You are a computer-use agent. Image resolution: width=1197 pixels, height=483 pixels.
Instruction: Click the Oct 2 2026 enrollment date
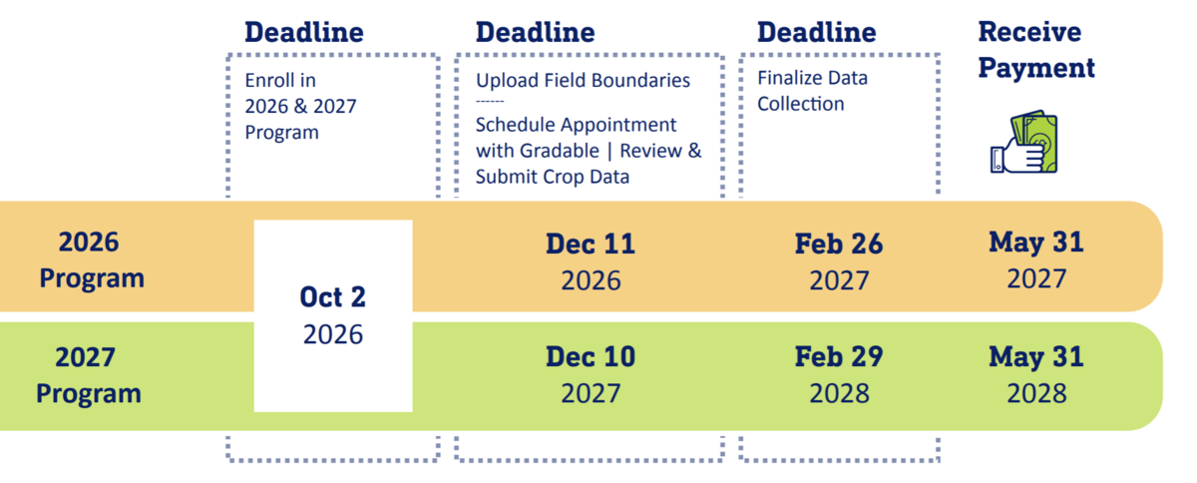333,315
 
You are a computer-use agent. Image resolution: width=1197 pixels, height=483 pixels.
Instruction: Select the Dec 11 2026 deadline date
591,262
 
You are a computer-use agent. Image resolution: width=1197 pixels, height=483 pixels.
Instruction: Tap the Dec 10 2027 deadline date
591,375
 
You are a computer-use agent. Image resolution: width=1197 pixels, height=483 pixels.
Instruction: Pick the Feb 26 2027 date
839,262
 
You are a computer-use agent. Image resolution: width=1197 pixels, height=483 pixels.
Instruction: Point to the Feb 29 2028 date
839,375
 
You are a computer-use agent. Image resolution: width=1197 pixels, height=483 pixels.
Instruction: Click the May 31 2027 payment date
1036,260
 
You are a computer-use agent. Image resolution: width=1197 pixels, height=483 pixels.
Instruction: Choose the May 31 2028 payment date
1036,375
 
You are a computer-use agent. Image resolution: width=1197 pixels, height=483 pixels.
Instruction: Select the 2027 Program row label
89,376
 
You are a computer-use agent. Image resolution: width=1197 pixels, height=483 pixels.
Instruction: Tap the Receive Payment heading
1036,50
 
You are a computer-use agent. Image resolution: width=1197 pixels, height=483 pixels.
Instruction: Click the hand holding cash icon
1023,142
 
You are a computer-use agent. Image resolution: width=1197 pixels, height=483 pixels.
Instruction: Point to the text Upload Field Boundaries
583,80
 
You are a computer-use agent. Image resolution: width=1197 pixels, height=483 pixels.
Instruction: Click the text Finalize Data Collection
812,91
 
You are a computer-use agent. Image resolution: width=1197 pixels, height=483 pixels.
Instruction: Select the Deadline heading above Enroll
304,33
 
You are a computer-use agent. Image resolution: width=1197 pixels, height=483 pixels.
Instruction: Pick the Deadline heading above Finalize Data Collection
817,33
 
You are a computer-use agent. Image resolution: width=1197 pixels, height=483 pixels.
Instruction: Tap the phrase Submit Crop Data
553,177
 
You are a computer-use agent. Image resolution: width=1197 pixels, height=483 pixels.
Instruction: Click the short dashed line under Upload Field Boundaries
490,101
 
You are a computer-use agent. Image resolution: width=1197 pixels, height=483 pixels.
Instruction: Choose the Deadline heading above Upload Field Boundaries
535,33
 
